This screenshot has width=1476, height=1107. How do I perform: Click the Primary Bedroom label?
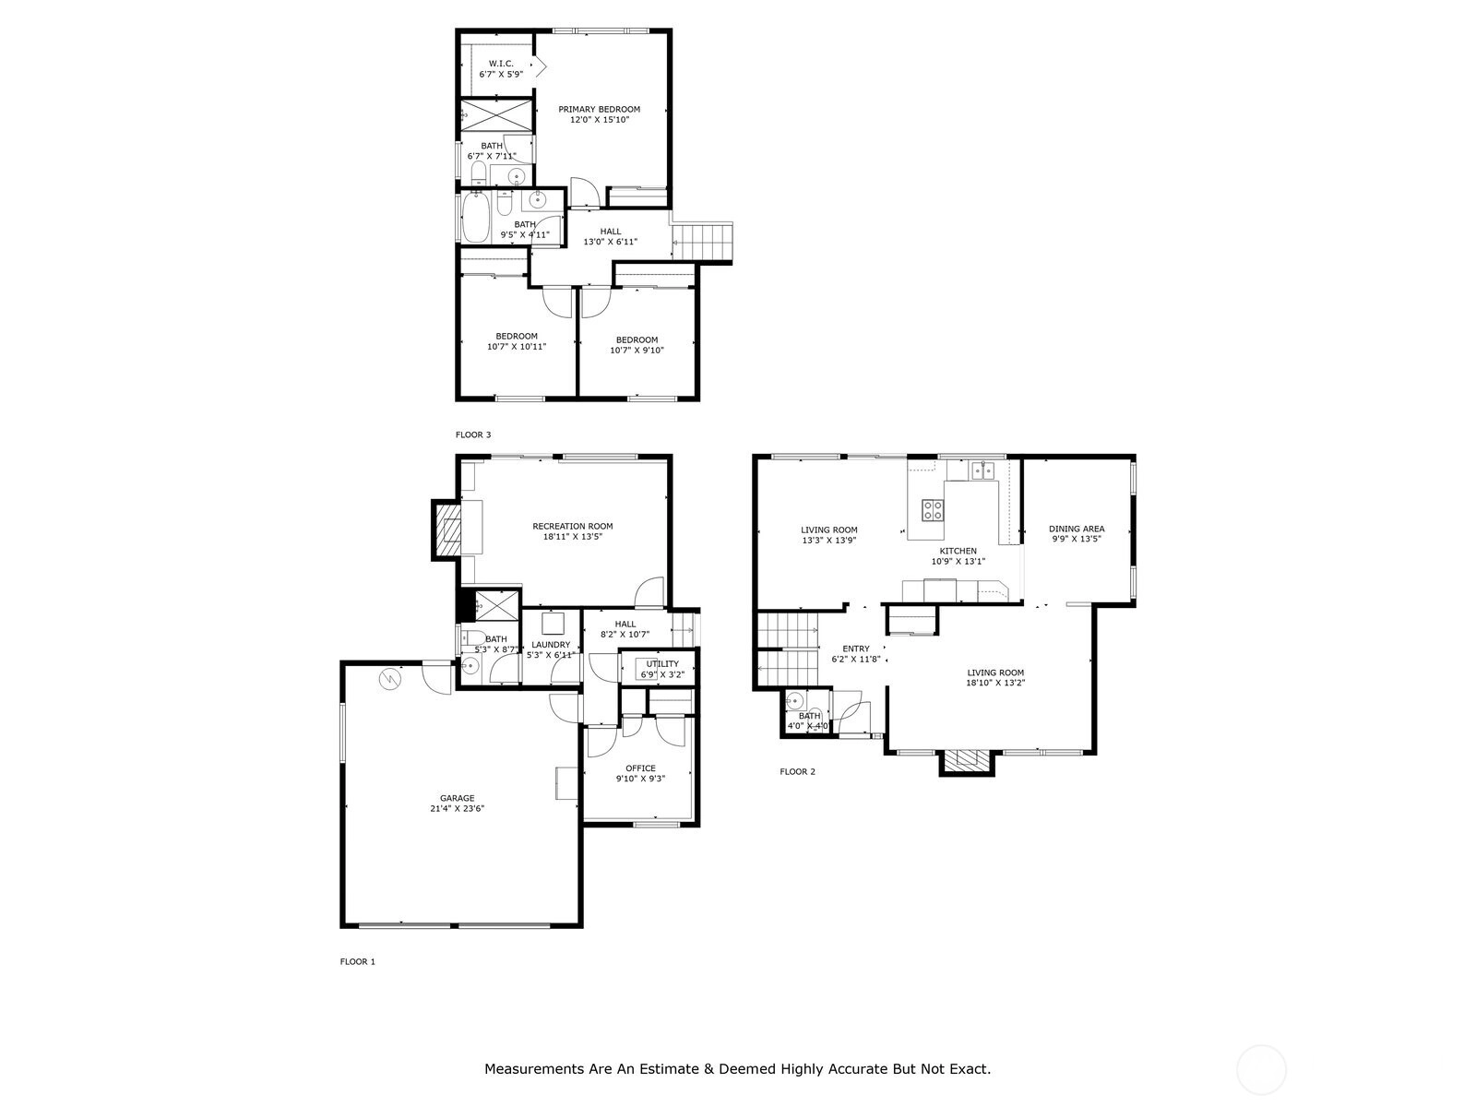[x=599, y=110]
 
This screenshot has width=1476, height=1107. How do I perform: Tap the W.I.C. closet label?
[x=501, y=64]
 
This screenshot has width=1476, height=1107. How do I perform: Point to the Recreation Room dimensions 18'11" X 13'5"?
[x=572, y=537]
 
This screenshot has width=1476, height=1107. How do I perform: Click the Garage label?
[x=458, y=799]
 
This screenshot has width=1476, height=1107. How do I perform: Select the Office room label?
[x=640, y=768]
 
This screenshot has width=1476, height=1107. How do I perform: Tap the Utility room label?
[x=662, y=664]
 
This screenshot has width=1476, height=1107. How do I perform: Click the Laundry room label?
[x=551, y=645]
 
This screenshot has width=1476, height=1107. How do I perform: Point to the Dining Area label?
[x=1077, y=529]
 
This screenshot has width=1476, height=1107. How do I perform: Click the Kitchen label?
[x=958, y=551]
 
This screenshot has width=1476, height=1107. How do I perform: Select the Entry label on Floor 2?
[x=855, y=649]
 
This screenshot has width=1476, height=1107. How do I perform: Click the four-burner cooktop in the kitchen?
[x=932, y=510]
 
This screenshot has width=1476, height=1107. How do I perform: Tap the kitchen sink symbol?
[x=982, y=470]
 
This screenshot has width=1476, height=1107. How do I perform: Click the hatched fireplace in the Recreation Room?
[x=448, y=530]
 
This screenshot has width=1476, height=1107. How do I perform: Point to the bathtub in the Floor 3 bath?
[x=475, y=219]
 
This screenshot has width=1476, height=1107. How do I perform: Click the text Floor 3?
[x=473, y=434]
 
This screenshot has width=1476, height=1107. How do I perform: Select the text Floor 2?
[x=798, y=771]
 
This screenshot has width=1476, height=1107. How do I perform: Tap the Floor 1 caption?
[x=358, y=962]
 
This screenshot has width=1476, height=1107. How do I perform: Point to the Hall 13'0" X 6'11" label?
[x=611, y=236]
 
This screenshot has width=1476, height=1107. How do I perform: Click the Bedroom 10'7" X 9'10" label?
[x=637, y=345]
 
